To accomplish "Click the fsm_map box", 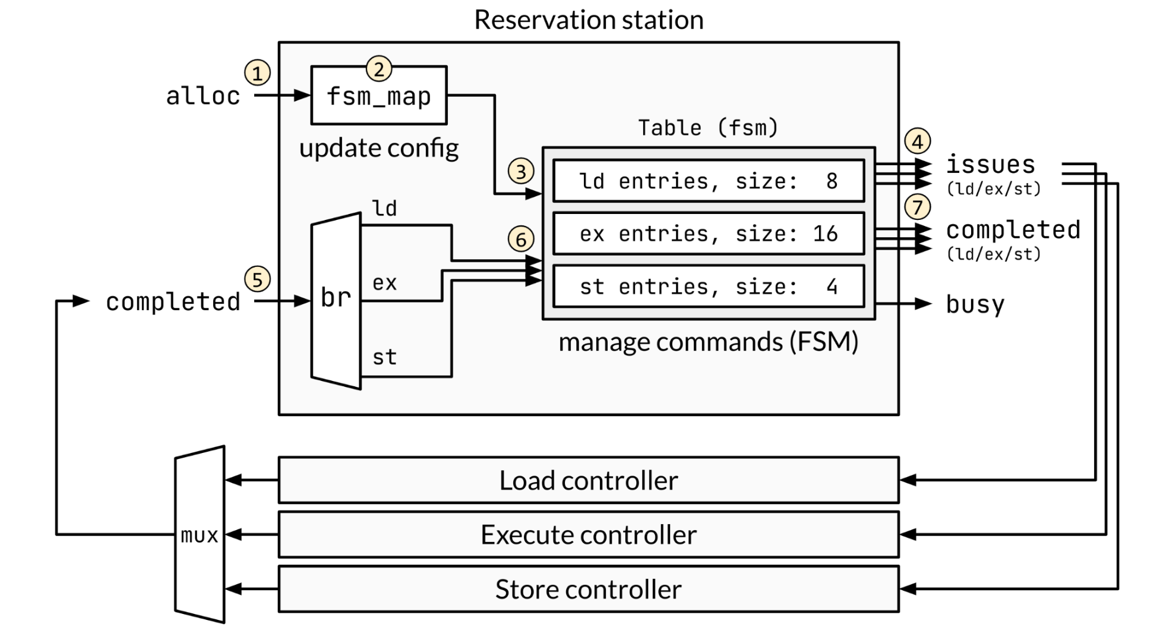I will pos(378,96).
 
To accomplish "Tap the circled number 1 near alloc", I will pos(257,73).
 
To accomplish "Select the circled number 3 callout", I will pos(521,172).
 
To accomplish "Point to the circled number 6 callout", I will pos(521,240).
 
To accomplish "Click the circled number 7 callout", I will pos(918,207).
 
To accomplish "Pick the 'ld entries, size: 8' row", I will pos(708,181).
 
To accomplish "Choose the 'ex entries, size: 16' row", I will pos(708,234).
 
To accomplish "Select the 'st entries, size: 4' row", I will pos(708,286).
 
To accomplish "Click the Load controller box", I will pos(588,480).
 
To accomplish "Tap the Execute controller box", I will pos(588,535).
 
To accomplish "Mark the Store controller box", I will pos(588,590).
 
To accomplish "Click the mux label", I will pos(200,535).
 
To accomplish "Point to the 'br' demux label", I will pos(336,297).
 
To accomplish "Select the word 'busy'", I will pos(975,304).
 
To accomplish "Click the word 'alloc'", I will pos(203,96).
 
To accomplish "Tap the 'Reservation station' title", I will pos(589,20).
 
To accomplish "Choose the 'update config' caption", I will pos(378,148).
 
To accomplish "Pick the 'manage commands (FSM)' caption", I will pos(708,342).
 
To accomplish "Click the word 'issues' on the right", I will pos(990,165).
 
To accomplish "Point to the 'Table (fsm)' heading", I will pos(708,128).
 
